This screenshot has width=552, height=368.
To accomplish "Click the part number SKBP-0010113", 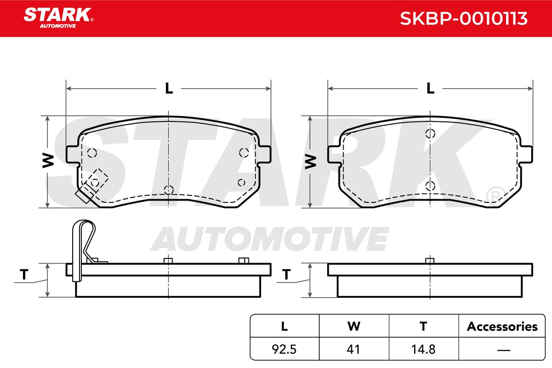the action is pos(464,18).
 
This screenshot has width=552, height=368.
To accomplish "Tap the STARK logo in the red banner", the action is pos(58,18).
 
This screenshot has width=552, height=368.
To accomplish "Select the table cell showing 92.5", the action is pos(284,349).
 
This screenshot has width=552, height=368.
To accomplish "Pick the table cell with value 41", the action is pos(353,349).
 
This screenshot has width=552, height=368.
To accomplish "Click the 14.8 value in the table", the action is pos(423,349).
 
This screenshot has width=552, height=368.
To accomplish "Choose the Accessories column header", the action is pos(502,327).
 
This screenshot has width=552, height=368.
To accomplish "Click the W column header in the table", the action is pos(354,327).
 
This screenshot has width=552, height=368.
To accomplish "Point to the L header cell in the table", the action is pos(284,327).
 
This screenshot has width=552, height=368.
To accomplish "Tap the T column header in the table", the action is pos(423,327).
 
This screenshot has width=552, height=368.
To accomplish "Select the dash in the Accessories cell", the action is pos(504,350).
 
